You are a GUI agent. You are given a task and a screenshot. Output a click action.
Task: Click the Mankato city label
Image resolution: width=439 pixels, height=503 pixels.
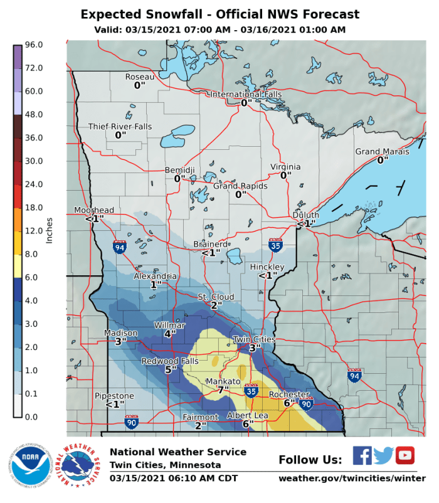[x=224, y=381]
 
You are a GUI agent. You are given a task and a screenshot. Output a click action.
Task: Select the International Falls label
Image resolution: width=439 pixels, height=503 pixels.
[x=246, y=94]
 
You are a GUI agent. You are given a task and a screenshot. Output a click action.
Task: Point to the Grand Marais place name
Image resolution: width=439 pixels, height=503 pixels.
[x=382, y=152]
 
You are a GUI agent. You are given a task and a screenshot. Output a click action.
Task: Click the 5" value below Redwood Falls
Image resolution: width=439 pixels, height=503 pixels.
[x=169, y=370]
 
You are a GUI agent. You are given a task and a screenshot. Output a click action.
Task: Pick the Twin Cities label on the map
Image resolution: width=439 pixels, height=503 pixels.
[x=254, y=339]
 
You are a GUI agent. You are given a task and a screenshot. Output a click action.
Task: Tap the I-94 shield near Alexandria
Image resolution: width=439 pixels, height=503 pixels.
[x=119, y=246]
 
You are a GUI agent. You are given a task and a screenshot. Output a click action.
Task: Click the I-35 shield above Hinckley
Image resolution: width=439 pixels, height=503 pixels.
[x=275, y=245]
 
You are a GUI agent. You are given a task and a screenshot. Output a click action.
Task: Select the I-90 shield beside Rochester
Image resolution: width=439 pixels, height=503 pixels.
[x=306, y=405]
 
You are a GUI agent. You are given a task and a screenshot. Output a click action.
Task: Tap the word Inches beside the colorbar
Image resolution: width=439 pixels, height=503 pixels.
[x=49, y=231]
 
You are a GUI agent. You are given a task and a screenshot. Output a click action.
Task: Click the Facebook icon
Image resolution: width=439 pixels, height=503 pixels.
[x=362, y=455]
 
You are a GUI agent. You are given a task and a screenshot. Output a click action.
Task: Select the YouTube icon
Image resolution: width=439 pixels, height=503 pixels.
[x=405, y=455]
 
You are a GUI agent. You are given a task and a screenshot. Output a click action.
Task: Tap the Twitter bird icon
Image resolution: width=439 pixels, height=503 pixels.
[x=383, y=455]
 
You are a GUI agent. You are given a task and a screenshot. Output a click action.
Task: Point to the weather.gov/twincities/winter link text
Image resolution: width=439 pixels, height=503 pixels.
[x=347, y=479]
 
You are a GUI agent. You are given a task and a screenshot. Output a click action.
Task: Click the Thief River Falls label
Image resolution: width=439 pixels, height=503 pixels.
[x=120, y=126]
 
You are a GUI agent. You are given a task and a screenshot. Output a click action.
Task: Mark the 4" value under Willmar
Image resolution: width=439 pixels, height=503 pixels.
[x=168, y=334]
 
